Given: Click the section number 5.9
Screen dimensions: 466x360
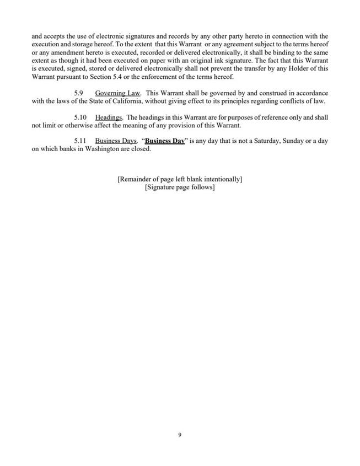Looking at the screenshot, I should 79,93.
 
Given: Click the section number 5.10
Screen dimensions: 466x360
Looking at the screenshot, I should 80,117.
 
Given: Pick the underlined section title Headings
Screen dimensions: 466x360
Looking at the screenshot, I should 109,117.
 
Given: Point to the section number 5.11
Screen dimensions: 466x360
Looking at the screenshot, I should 80,141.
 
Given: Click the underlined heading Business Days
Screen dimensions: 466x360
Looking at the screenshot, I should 116,141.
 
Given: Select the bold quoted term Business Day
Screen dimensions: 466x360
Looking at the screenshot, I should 164,141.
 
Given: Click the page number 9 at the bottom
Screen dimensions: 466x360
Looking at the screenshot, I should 180,435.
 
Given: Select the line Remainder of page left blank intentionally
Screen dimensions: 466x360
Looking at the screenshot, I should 180,179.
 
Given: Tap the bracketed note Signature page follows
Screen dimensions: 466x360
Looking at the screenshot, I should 180,187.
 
